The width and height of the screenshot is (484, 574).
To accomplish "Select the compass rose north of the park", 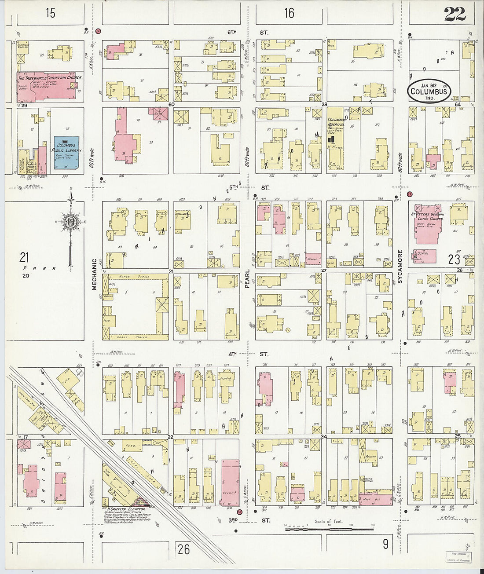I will (70, 223).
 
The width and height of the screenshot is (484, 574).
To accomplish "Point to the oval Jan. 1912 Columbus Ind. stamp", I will (429, 91).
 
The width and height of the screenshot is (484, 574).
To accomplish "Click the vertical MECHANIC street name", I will (94, 274).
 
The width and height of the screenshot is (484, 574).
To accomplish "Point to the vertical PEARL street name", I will (247, 278).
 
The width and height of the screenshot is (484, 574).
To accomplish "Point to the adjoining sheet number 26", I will (184, 549).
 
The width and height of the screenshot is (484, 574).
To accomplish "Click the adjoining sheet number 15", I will (51, 13).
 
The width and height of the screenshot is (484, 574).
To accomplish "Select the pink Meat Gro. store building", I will (375, 499).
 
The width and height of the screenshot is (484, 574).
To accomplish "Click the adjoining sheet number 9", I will (385, 545).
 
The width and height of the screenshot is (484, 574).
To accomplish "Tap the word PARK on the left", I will (40, 268).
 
